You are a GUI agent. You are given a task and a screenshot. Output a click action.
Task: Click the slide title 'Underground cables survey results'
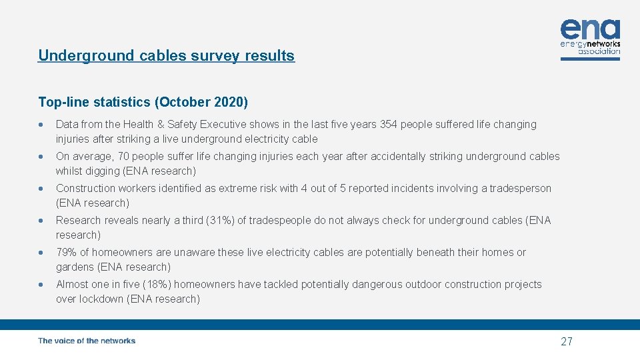coord(166,56)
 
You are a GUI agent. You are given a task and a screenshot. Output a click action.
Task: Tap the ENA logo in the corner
coord(590,37)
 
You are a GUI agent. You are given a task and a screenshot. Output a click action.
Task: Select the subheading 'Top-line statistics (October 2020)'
coord(143,102)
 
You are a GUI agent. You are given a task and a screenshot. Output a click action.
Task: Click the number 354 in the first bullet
coord(389,125)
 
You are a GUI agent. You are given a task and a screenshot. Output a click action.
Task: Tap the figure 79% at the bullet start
coord(66,253)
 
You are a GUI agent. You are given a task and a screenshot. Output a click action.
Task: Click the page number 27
coord(566,342)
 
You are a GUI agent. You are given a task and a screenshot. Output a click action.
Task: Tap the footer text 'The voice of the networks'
coord(87,341)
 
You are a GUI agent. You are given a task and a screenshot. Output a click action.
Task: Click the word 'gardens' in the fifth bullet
coord(75,267)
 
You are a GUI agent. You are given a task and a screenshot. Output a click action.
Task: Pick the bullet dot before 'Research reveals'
coord(42,221)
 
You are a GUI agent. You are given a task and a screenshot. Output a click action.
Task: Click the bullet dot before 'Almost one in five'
coord(42,285)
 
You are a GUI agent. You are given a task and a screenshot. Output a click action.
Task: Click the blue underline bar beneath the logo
coord(590,59)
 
